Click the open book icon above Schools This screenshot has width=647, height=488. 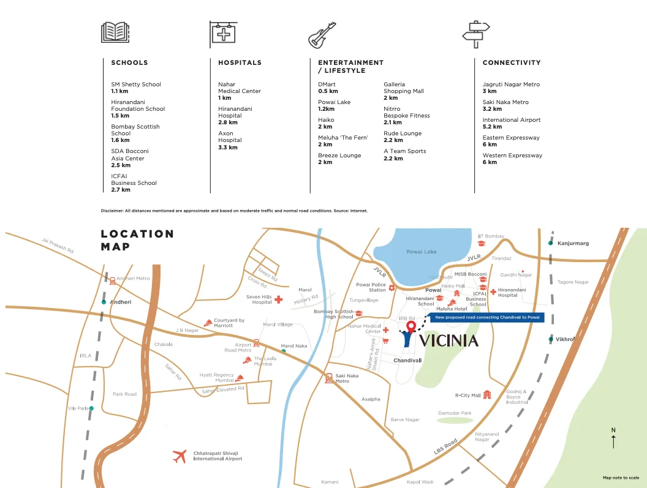[x=115, y=32]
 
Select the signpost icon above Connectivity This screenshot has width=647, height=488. [x=476, y=34]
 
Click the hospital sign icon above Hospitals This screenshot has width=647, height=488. [x=223, y=33]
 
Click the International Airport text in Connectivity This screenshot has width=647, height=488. [x=511, y=120]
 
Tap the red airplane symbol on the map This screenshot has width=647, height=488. [x=180, y=456]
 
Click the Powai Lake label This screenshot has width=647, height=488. [x=422, y=252]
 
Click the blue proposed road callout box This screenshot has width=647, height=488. [x=487, y=318]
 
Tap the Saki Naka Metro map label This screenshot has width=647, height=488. [x=346, y=378]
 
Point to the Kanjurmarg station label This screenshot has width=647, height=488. [x=573, y=243]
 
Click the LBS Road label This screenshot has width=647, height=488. [x=445, y=447]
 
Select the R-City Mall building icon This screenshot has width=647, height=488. [x=487, y=395]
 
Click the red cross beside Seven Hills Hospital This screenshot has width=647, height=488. [x=279, y=299]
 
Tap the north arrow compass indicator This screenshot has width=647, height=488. [x=613, y=438]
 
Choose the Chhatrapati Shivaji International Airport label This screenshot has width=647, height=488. [x=218, y=456]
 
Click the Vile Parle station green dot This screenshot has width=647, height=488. [x=91, y=408]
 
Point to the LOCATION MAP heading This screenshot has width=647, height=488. [x=137, y=240]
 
